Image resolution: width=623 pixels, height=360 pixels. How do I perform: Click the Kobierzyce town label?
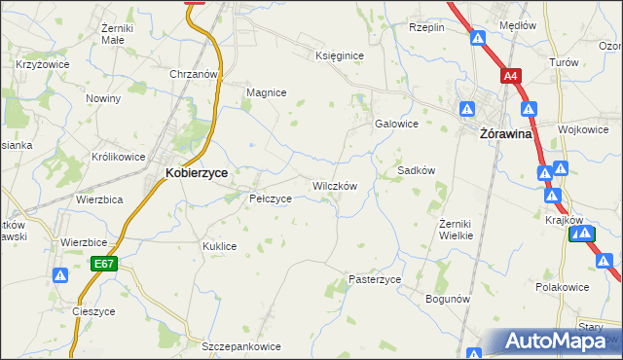click(x=197, y=172)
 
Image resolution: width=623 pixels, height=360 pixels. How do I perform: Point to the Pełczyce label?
click(x=271, y=198)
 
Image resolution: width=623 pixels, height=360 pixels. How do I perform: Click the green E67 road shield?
click(x=105, y=263)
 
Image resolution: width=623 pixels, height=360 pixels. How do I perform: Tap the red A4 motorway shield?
click(x=511, y=75)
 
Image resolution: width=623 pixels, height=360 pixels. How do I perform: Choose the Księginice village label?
click(x=339, y=55)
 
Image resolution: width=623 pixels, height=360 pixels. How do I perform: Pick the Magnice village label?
click(x=266, y=92)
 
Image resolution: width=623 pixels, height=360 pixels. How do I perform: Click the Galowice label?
click(x=396, y=124)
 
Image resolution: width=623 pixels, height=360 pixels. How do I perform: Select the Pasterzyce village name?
click(x=375, y=279)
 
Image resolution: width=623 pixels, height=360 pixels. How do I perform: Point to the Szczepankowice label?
click(x=241, y=346)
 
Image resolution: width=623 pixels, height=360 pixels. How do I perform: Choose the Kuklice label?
click(x=220, y=246)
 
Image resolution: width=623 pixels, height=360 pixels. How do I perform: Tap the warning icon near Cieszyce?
click(x=60, y=275)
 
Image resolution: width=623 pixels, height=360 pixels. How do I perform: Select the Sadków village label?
click(x=416, y=170)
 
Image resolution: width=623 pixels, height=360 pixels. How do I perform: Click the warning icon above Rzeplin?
click(x=478, y=38)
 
